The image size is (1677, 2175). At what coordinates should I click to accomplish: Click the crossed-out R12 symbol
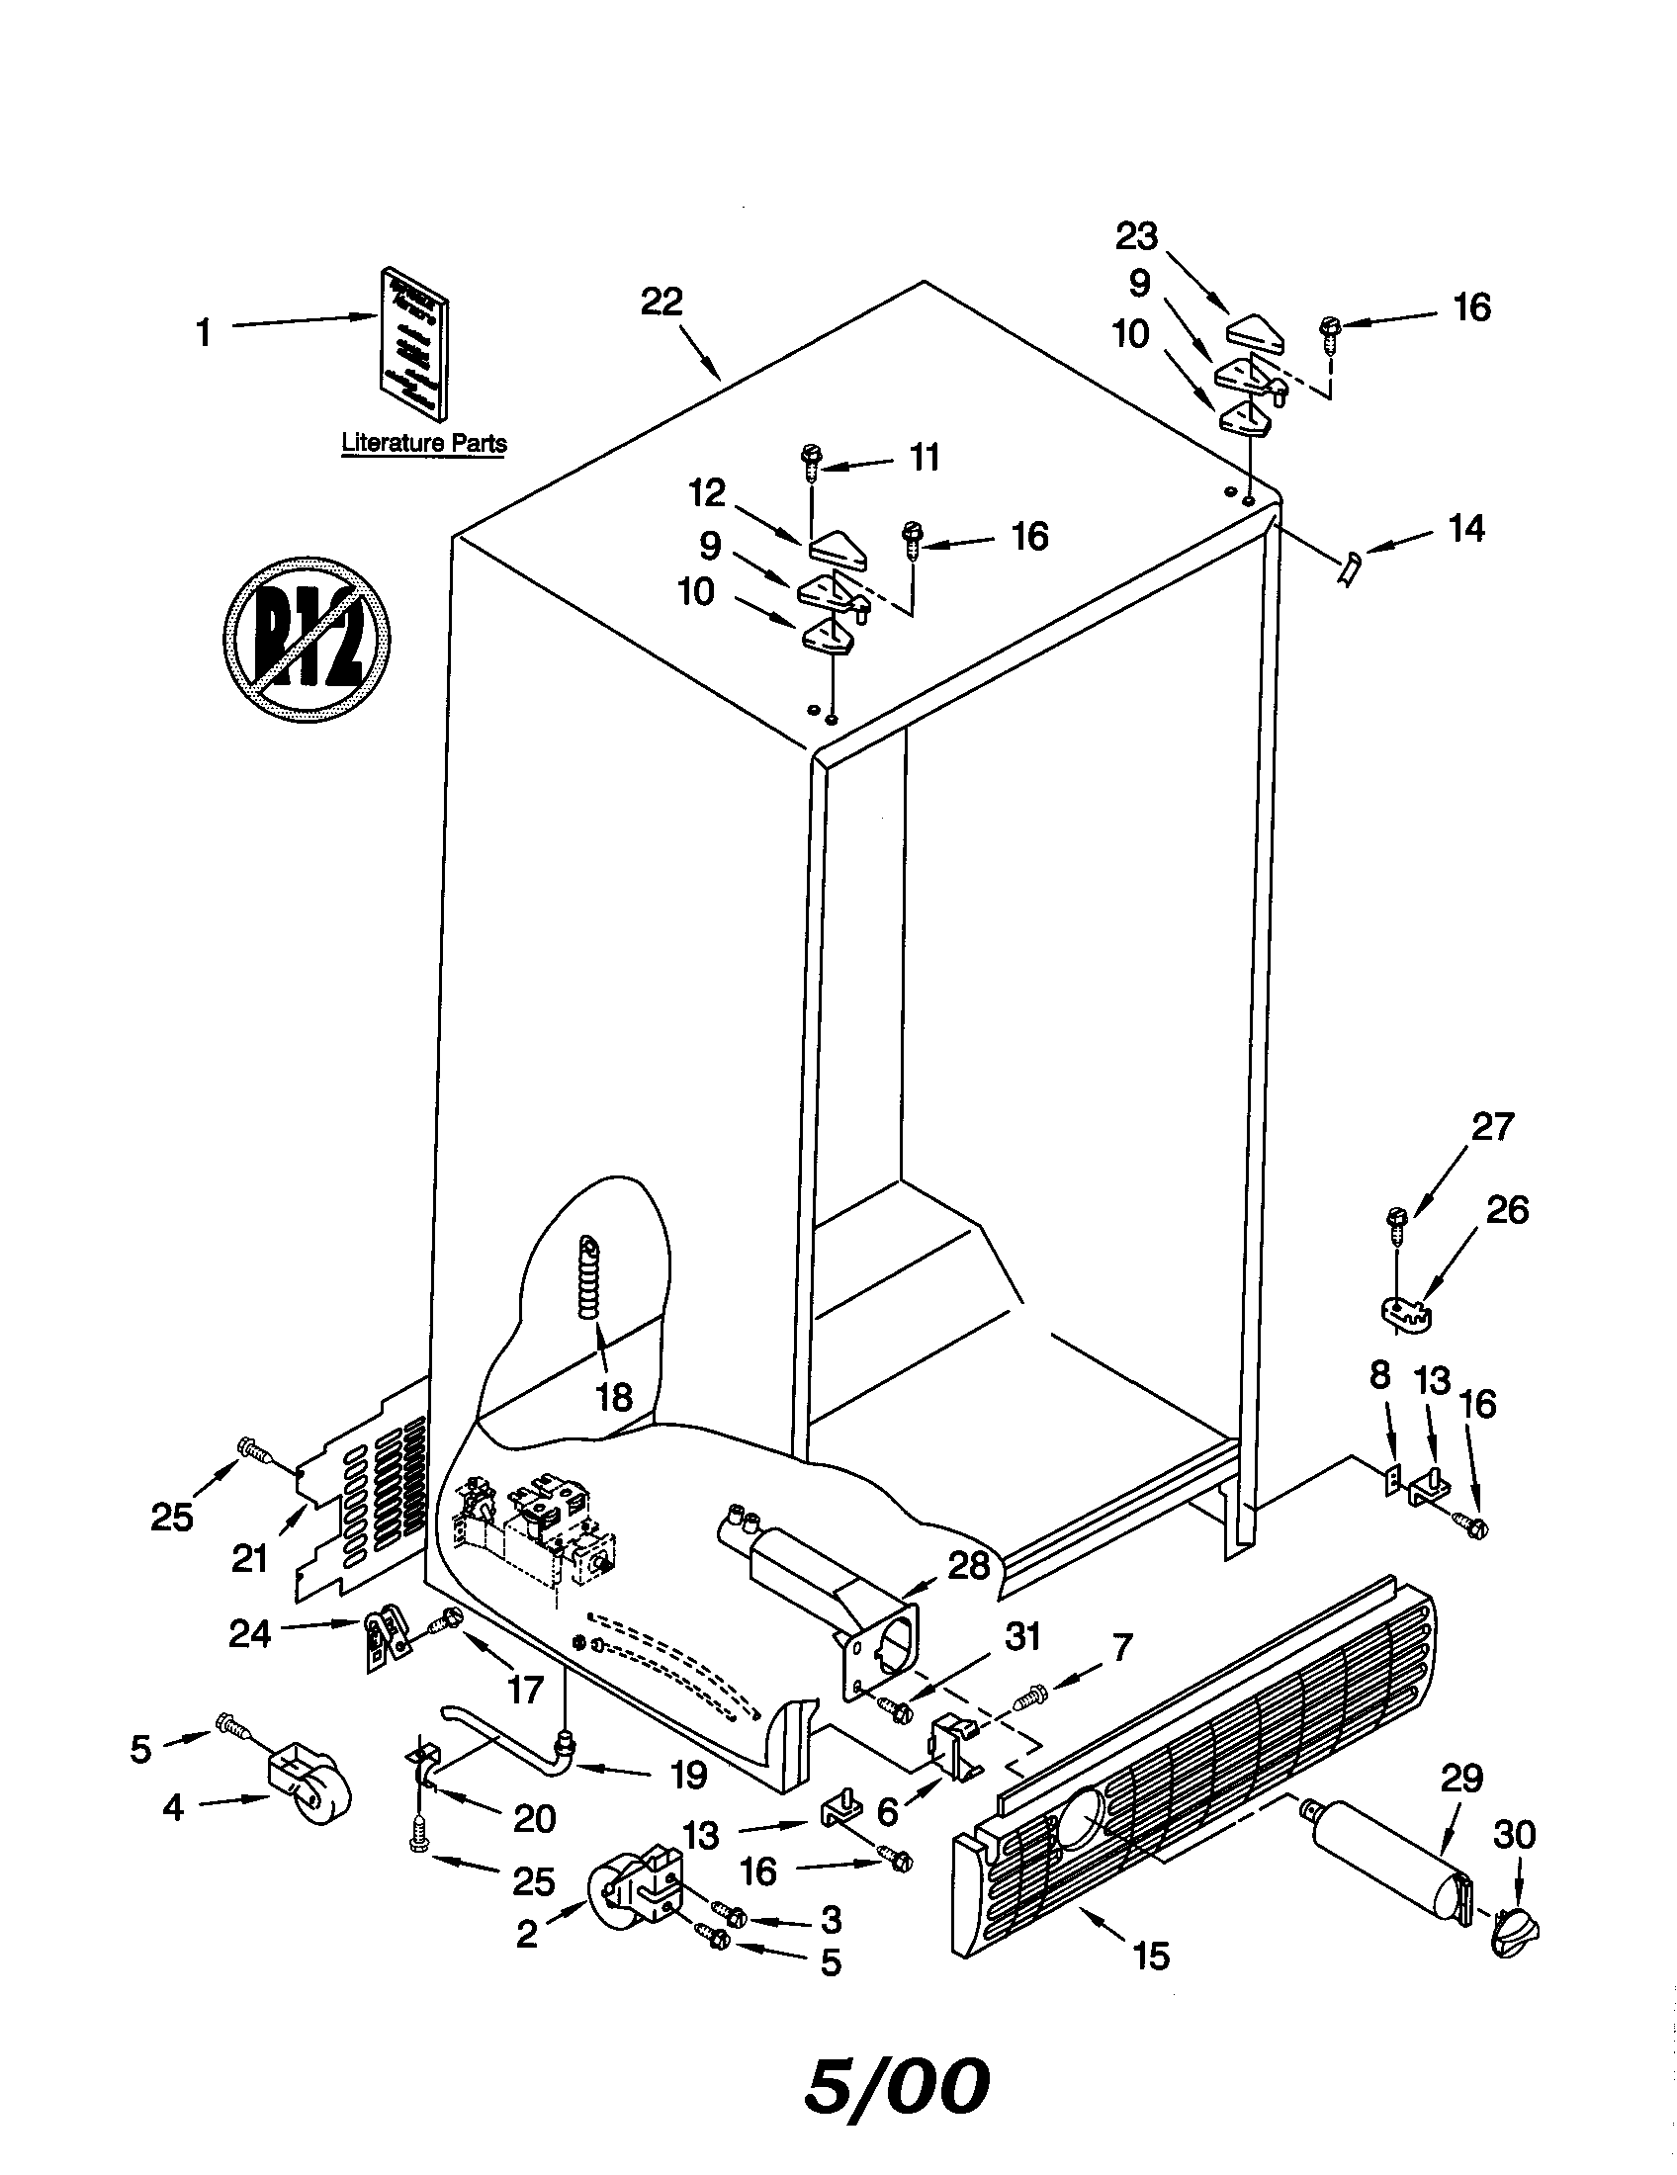click(x=306, y=639)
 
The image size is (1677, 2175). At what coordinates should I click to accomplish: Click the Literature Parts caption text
click(x=424, y=443)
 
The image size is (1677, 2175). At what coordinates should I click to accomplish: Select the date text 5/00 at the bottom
click(x=896, y=2083)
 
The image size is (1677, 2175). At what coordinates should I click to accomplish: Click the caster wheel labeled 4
click(x=309, y=1794)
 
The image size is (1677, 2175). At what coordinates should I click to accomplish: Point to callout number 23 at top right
click(x=1136, y=237)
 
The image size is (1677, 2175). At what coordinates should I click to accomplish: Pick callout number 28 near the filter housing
click(x=968, y=1566)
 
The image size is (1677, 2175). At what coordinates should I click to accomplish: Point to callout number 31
click(x=1022, y=1636)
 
